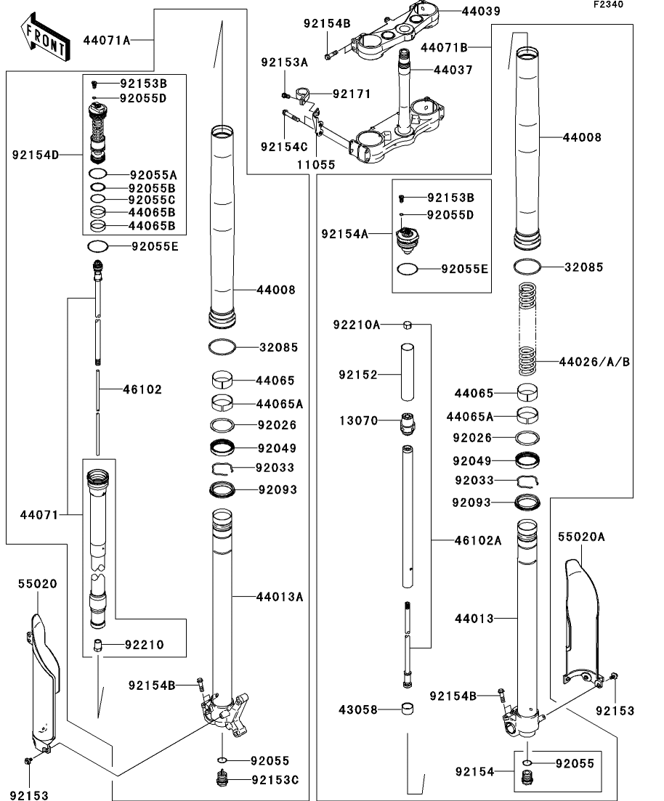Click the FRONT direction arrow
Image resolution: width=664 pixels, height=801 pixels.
coord(45,37)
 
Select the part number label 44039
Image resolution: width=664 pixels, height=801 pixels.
coord(481,11)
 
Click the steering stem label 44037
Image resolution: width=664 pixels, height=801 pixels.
coord(453,70)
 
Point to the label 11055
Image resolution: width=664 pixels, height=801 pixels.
coord(316,165)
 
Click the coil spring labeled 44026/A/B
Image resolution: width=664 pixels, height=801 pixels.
coord(527,328)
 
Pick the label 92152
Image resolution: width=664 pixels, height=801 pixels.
coord(358,375)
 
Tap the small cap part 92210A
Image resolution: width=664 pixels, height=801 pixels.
coord(408,325)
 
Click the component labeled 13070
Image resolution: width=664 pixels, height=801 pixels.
coord(408,423)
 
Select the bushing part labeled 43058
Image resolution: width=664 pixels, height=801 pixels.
coord(407,709)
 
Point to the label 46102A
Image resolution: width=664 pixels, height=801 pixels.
coord(478,540)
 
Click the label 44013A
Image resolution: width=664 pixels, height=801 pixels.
coord(280,596)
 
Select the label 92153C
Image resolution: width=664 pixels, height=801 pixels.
coord(275,779)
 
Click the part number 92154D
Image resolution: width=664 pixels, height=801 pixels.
coord(36,154)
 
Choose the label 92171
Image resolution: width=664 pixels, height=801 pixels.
coord(352,94)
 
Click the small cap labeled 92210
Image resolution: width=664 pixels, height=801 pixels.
coord(97,645)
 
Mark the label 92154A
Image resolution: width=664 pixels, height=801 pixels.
coord(344,234)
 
